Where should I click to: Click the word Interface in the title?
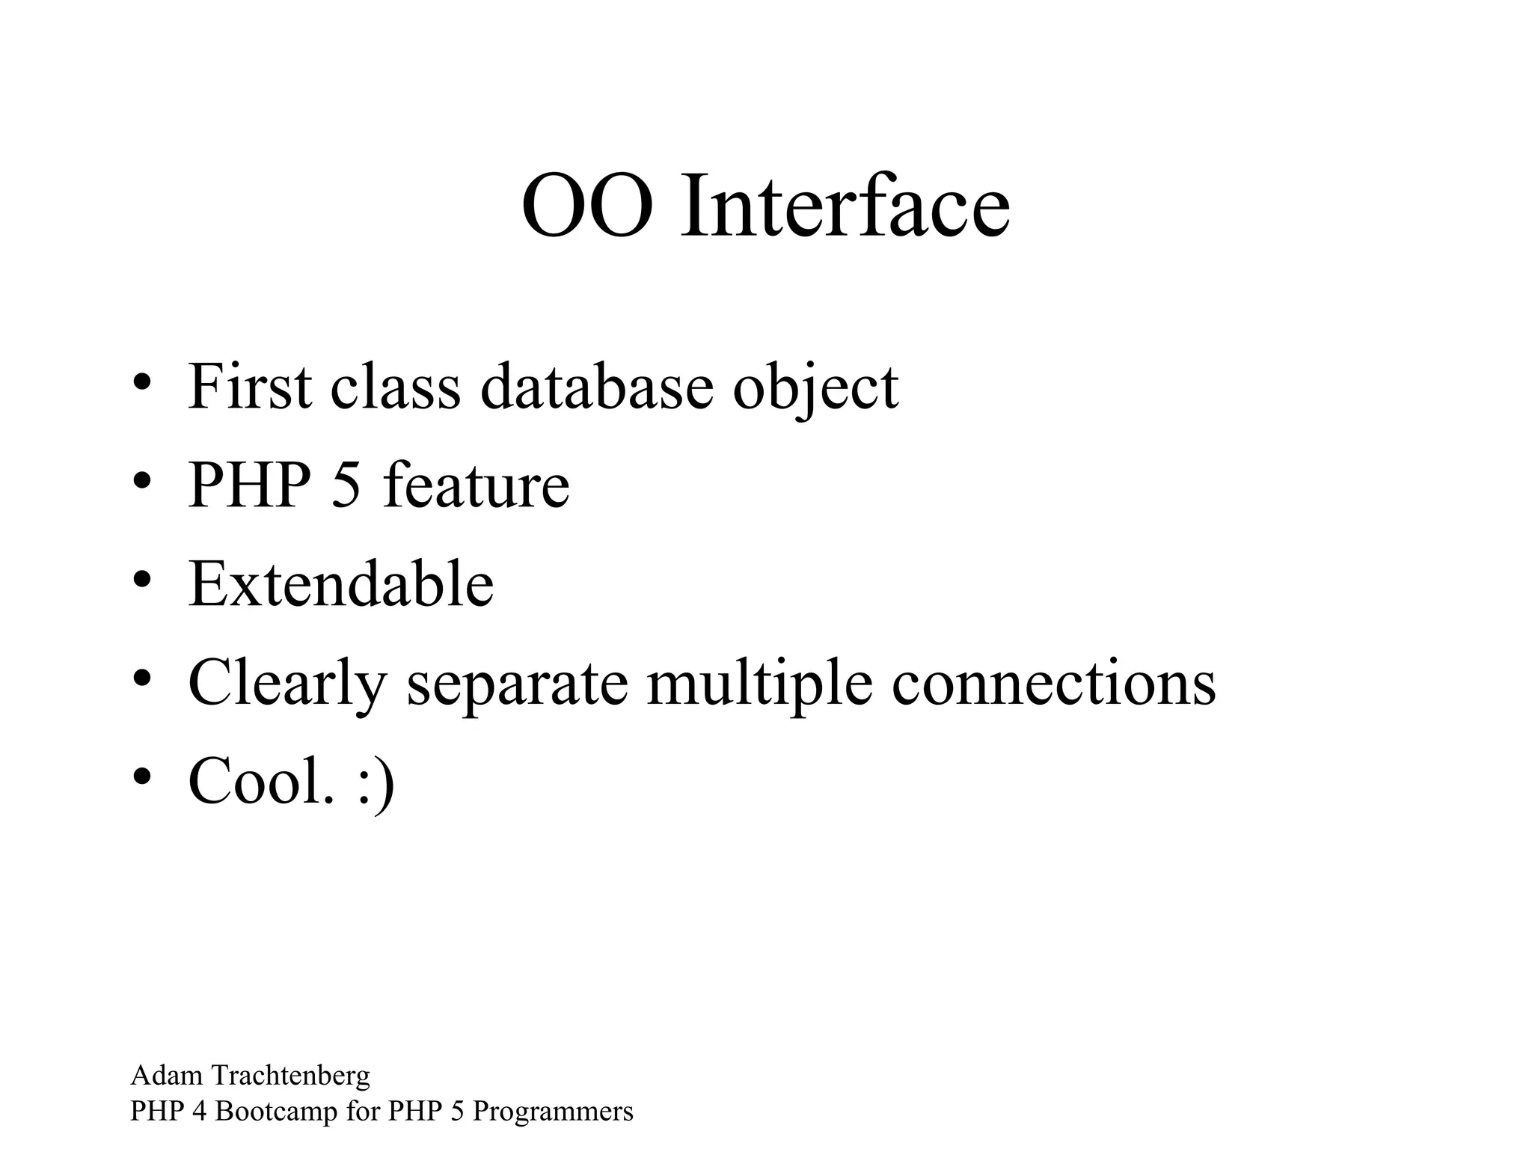point(845,206)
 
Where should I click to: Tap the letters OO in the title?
point(586,206)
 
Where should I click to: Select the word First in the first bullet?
point(250,387)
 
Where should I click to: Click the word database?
point(596,387)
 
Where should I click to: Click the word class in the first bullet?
point(395,387)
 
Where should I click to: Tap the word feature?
point(476,485)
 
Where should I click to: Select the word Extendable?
point(341,583)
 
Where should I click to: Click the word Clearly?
point(287,684)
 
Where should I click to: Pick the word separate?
point(517,684)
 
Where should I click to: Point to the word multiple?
point(759,684)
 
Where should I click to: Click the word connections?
point(1053,682)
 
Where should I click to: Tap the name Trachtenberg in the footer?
point(291,1076)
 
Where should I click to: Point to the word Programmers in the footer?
point(553,1112)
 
